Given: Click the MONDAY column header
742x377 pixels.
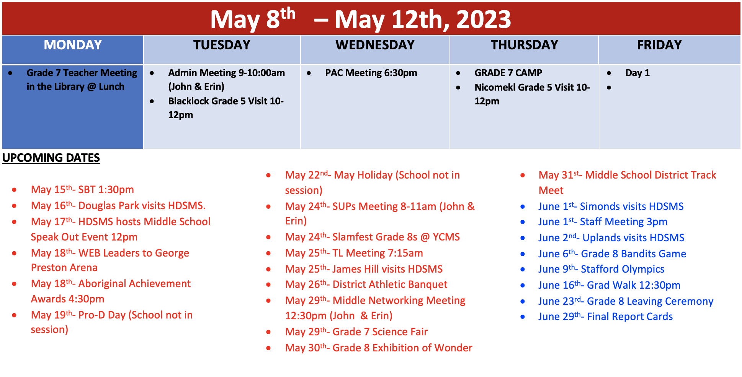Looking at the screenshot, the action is tap(73, 45).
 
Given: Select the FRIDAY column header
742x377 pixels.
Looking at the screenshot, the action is tap(659, 45).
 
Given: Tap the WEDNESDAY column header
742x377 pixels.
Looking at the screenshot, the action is tap(375, 45).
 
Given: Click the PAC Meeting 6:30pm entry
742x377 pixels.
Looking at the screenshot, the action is tap(371, 73).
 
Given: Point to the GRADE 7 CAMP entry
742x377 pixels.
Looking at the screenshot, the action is tap(508, 73).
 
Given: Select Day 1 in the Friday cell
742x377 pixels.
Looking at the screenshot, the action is tap(637, 73).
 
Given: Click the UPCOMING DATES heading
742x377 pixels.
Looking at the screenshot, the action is tap(51, 158).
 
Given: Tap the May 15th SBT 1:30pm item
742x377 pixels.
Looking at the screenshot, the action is tap(82, 189).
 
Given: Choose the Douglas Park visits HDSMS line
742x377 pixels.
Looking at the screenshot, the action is tap(118, 205).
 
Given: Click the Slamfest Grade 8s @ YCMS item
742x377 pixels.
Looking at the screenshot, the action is tap(373, 237).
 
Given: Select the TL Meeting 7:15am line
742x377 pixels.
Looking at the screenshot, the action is tap(354, 253).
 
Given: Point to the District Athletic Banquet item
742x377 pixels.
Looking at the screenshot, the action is tap(366, 284).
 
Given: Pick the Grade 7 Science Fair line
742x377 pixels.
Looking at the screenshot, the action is tap(356, 331).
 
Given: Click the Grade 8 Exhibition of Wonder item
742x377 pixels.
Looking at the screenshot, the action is tap(379, 348).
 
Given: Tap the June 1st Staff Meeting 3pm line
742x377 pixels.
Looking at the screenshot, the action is tap(603, 221).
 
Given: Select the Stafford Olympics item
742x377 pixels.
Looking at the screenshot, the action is tap(601, 269).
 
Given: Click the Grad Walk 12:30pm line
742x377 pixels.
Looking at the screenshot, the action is tap(610, 285).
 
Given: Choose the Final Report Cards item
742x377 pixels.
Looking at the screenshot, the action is tap(606, 316).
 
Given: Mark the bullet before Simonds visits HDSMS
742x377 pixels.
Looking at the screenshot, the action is tap(523, 207).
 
